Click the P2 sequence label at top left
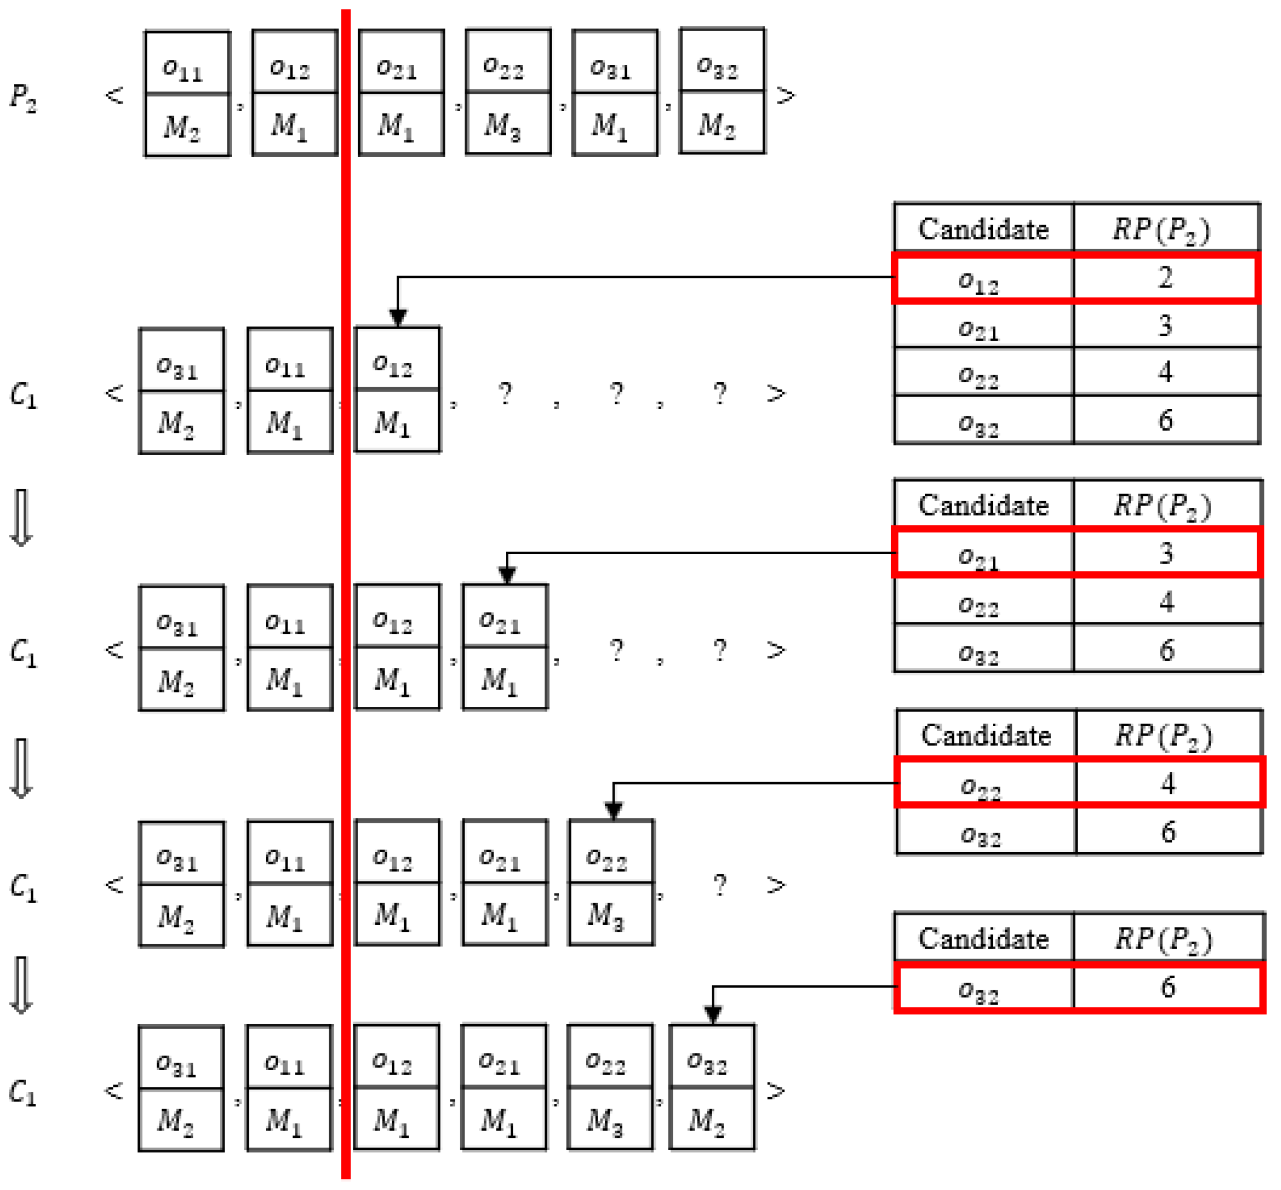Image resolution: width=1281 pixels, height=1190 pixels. click(x=24, y=97)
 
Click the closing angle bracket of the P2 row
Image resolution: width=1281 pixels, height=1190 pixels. click(x=785, y=96)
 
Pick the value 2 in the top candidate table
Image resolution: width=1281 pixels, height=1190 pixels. click(x=1165, y=278)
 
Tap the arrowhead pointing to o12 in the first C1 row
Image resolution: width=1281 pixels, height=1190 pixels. click(x=398, y=317)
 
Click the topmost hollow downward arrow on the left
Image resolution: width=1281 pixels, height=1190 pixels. click(x=21, y=518)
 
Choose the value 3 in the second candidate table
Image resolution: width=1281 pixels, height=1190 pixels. click(x=1166, y=553)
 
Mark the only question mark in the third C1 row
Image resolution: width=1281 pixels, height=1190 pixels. click(x=720, y=885)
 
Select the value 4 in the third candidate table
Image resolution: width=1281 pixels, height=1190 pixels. click(x=1168, y=783)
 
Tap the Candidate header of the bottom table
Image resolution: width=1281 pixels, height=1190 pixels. click(x=983, y=938)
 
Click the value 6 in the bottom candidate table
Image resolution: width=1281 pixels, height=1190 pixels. click(x=1168, y=986)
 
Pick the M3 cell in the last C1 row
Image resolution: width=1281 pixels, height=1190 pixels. click(x=610, y=1121)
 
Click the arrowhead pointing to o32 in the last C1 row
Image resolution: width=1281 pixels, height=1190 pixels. click(x=712, y=1015)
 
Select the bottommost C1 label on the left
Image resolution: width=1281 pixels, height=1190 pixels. click(x=23, y=1092)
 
